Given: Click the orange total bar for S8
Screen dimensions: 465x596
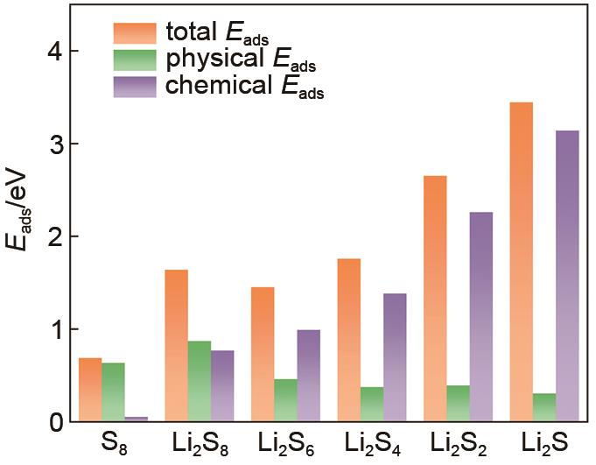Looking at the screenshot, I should (x=90, y=390).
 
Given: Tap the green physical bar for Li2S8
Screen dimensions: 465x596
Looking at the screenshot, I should (x=199, y=381).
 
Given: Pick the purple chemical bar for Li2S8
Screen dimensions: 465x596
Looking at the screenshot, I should (x=221, y=386).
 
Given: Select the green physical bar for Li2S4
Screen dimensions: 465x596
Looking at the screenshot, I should (x=371, y=404).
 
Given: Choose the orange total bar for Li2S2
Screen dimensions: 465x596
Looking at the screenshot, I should (x=435, y=299).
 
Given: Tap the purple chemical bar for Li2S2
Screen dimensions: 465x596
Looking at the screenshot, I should (x=481, y=316).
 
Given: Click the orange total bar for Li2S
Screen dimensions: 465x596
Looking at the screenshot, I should (x=522, y=262).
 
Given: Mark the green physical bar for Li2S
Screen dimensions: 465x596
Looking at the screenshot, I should (x=544, y=407).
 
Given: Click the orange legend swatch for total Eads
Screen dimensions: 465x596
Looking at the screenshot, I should (x=134, y=32).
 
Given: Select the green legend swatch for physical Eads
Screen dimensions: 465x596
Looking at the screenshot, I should (x=134, y=60).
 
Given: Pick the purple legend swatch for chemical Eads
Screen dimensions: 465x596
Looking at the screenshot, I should (x=134, y=87).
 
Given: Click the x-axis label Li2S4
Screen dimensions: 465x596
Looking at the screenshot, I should (x=372, y=445).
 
